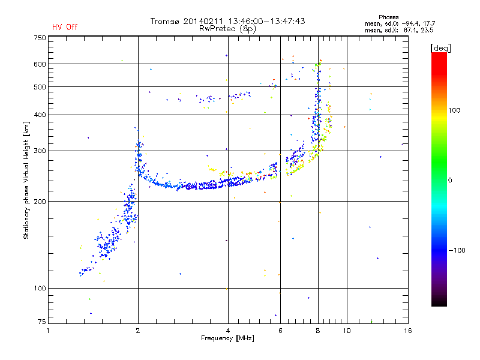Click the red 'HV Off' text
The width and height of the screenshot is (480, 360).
coord(65,27)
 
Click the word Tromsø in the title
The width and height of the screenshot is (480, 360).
coord(167,21)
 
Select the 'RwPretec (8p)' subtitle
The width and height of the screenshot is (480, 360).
coord(228,28)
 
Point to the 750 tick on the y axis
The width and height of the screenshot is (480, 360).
coord(40,38)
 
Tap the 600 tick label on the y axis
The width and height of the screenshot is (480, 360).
coord(40,64)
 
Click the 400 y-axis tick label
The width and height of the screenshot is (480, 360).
coord(40,115)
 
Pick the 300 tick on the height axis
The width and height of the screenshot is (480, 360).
coord(40,151)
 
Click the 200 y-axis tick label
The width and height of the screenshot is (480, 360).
coord(40,202)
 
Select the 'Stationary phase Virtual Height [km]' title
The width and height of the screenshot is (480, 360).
coord(26,180)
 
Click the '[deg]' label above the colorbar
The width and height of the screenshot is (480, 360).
coord(441,47)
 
